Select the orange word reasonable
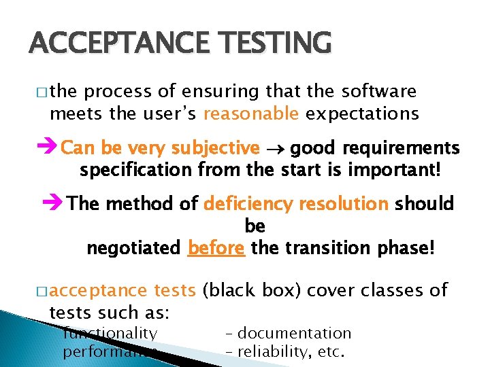coord(250,113)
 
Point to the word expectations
coord(362,113)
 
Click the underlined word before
coord(216,248)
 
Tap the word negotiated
coord(133,248)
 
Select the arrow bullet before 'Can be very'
coord(48,148)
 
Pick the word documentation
coord(295,333)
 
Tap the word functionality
coord(110,333)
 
